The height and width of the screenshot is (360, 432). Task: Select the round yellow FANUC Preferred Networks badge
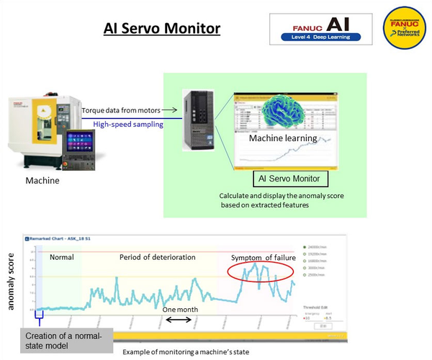pyautogui.click(x=406, y=29)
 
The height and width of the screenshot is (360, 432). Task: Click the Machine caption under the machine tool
pyautogui.click(x=42, y=180)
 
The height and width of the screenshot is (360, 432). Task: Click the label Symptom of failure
pyautogui.click(x=264, y=258)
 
